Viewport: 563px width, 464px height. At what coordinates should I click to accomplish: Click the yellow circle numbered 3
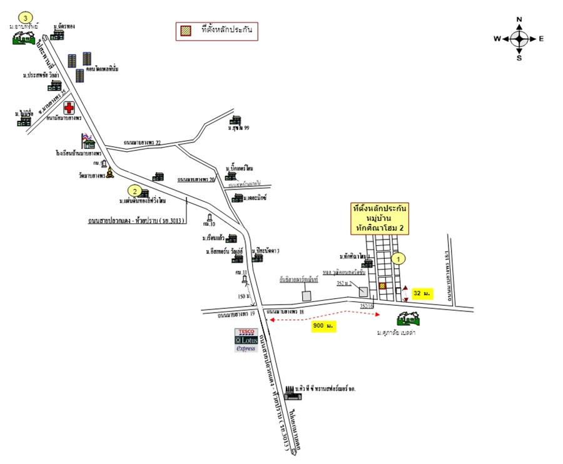coord(24,16)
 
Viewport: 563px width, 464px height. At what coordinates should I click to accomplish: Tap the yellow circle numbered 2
coord(133,191)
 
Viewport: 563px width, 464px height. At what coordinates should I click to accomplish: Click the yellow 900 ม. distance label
coord(323,326)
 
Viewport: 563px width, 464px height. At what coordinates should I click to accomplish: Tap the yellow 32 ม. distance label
coord(424,293)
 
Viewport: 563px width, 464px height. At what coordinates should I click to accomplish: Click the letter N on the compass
coord(519,19)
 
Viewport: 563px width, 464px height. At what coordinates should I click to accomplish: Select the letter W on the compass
coord(497,39)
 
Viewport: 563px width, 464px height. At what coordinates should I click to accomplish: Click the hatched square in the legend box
coord(186,29)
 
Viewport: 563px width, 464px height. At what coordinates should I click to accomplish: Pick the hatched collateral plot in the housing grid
coord(382,286)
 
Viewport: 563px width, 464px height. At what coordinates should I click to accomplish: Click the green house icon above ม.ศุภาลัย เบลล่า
coord(408,320)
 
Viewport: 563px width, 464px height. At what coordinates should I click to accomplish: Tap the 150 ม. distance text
coord(242,296)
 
